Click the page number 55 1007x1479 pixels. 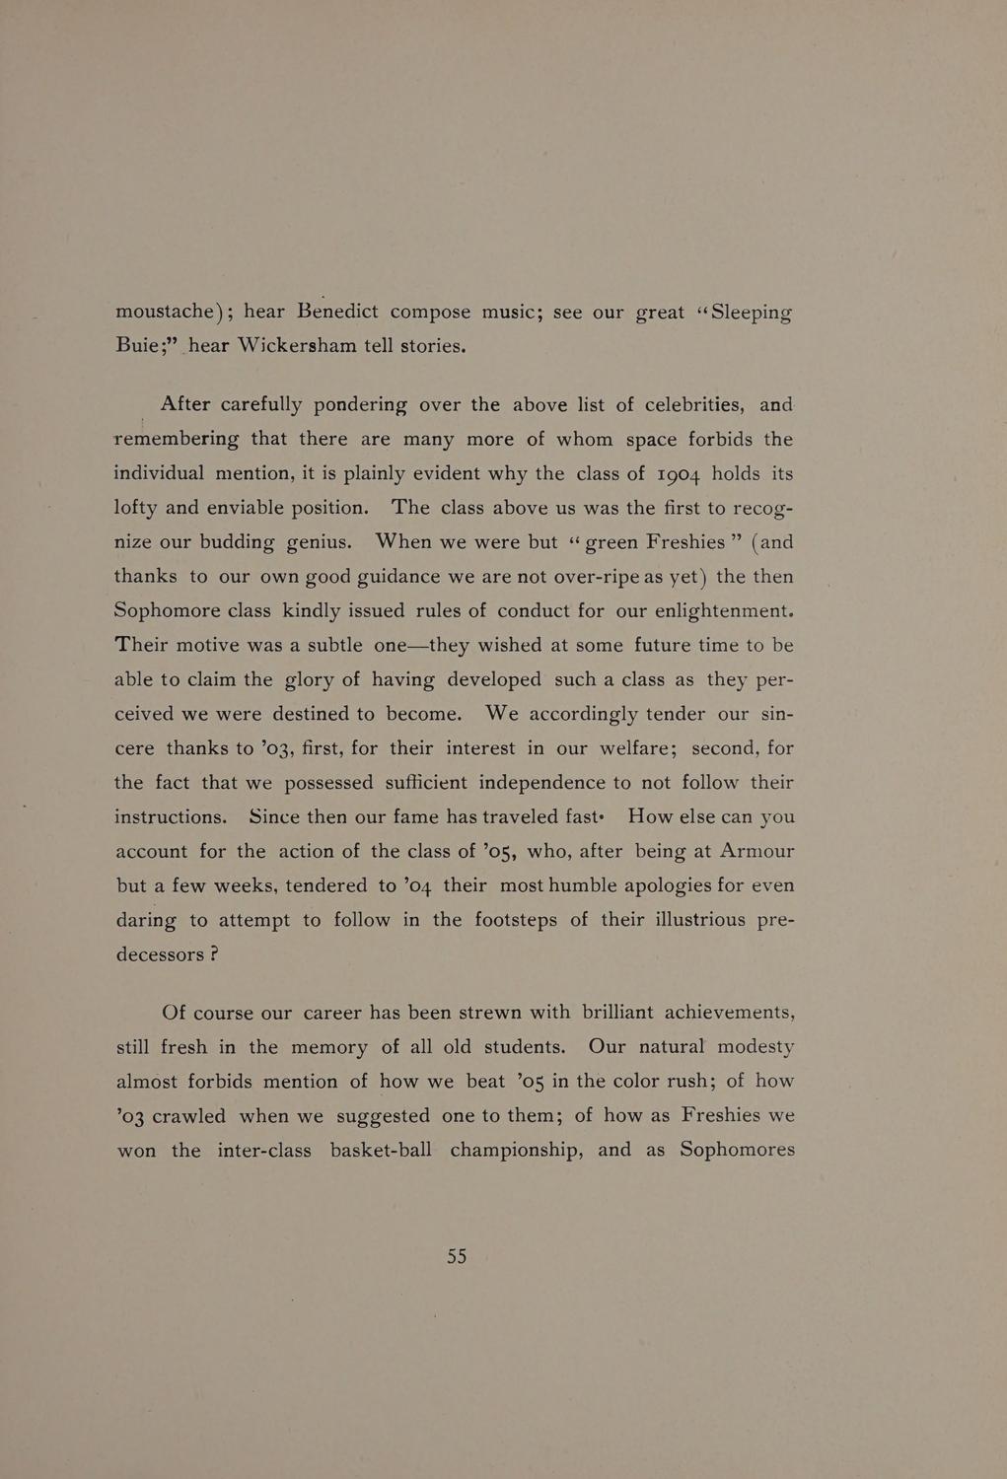pos(457,1256)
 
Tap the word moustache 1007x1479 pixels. pos(165,312)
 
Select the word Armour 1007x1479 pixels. pos(756,851)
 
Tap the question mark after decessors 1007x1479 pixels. pos(213,954)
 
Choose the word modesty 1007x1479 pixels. pos(755,1047)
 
